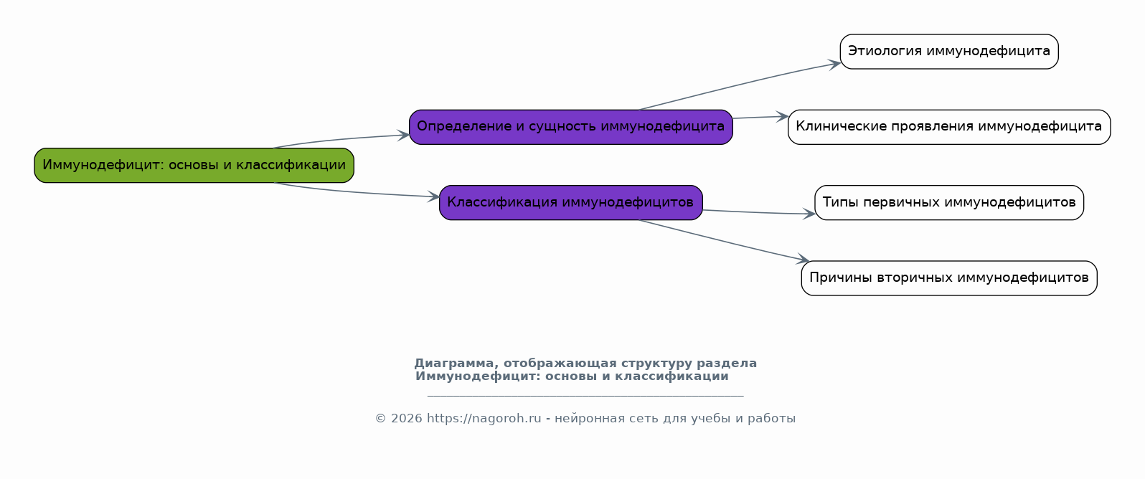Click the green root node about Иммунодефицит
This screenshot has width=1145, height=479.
194,166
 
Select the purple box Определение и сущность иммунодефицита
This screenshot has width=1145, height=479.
571,127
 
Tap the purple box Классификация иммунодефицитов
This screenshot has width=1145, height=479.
571,203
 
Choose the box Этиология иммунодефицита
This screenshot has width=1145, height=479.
949,52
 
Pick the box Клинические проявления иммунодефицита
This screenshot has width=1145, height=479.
949,127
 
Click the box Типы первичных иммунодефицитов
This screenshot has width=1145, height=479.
949,203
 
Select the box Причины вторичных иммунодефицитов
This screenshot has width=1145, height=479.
949,278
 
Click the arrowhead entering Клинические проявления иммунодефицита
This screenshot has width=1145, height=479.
782,117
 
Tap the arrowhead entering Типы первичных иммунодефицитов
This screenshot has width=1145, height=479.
809,214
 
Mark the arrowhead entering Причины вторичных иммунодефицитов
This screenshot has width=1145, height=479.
803,260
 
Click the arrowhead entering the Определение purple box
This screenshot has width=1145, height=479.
403,135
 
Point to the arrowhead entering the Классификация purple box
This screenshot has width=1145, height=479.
433,196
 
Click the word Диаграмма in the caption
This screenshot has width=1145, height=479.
456,364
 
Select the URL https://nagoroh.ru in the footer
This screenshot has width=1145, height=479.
484,419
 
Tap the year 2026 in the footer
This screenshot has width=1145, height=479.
406,419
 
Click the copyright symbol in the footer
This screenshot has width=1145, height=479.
381,419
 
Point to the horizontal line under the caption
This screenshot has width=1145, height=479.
585,396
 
